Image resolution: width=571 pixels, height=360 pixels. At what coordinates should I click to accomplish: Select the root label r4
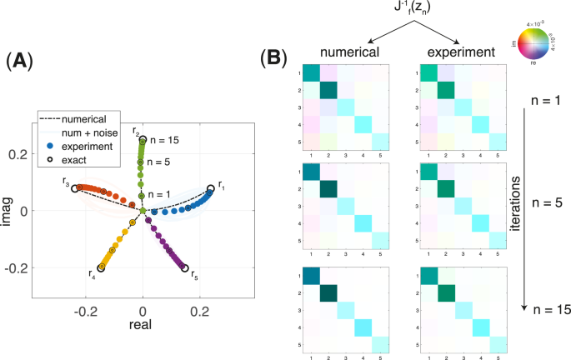pos(93,272)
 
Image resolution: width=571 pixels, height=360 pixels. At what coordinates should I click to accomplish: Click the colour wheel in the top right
pos(534,42)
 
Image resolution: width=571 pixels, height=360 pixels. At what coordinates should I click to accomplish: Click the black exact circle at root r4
pos(103,267)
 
